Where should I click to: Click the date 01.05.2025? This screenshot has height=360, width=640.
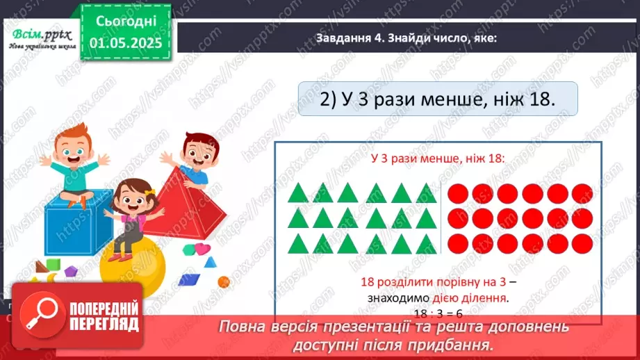tap(125, 44)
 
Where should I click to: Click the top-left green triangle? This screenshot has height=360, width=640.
tap(298, 193)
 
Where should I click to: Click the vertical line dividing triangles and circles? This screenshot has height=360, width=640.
tap(441, 218)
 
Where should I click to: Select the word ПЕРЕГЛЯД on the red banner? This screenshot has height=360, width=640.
tap(105, 324)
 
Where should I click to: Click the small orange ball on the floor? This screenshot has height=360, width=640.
tap(223, 281)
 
